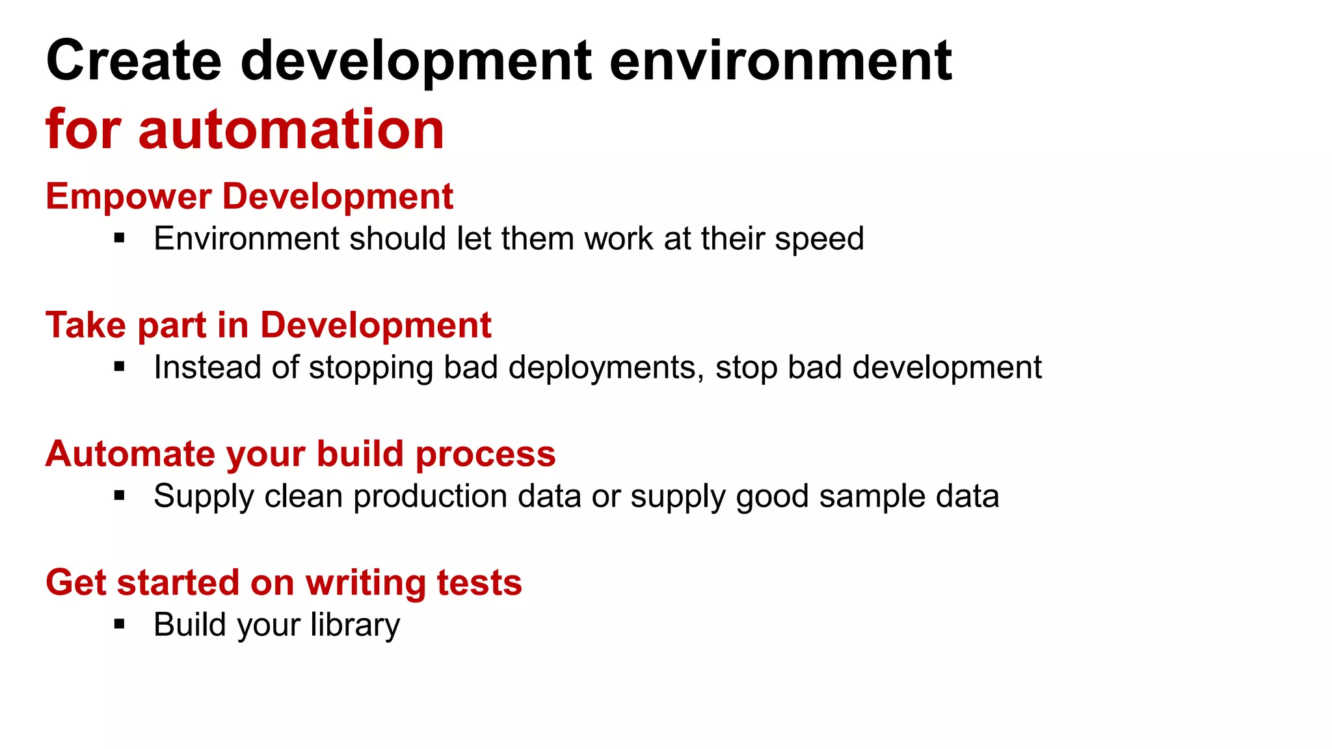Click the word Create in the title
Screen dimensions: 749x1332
133,60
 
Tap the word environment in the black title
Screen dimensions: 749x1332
780,60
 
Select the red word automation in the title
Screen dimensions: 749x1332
291,129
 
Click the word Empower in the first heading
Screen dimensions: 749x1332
128,197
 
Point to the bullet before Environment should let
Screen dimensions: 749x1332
119,238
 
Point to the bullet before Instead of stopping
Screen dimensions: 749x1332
119,367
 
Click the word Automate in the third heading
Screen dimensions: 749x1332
129,454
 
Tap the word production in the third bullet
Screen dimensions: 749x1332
466,497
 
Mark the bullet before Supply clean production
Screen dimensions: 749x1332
119,495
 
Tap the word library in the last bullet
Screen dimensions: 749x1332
354,625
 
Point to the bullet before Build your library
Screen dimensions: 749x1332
119,624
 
